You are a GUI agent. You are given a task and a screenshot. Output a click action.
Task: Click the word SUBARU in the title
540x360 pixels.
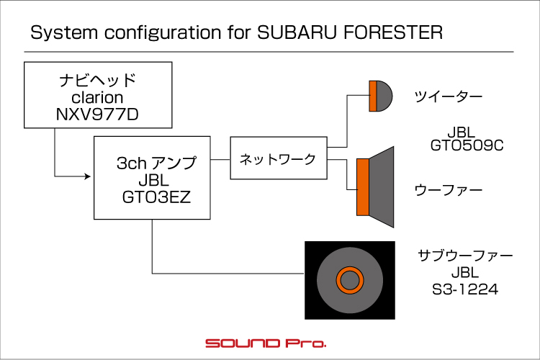coord(297,32)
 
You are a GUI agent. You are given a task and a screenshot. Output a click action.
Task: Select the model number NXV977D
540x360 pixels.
coord(97,114)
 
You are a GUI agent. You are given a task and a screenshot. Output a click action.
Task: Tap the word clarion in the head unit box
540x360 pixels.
coord(97,97)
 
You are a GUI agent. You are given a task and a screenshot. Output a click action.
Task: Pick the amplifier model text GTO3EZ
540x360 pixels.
coord(156,197)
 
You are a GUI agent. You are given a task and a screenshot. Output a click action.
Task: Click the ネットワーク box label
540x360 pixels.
coord(278,159)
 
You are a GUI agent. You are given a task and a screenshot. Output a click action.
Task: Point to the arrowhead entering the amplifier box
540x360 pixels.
coord(87,176)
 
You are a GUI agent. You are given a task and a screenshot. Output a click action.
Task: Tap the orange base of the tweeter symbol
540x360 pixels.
coord(373,96)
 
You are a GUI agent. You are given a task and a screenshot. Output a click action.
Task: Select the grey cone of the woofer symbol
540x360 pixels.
coord(382,187)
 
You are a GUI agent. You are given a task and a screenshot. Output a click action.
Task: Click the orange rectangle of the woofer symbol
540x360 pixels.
coord(363,187)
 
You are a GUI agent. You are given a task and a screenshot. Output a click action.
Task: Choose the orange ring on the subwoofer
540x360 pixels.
coord(350,266)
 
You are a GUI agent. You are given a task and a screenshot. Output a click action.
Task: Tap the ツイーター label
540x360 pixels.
coord(448,96)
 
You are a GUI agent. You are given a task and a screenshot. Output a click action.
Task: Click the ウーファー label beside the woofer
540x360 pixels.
coord(448,190)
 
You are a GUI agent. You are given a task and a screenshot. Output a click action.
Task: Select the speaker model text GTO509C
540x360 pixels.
coord(467,145)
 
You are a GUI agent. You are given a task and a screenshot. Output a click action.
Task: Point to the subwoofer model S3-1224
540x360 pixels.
coord(465,289)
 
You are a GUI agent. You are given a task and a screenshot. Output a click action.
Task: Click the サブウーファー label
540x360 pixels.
coord(465,256)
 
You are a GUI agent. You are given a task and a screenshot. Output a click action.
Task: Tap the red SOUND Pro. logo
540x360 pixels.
coord(266,343)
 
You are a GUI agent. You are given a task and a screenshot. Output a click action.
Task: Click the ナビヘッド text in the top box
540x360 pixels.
coord(97,80)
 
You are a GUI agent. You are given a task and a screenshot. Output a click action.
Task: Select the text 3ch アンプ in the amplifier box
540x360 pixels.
coord(157,163)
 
